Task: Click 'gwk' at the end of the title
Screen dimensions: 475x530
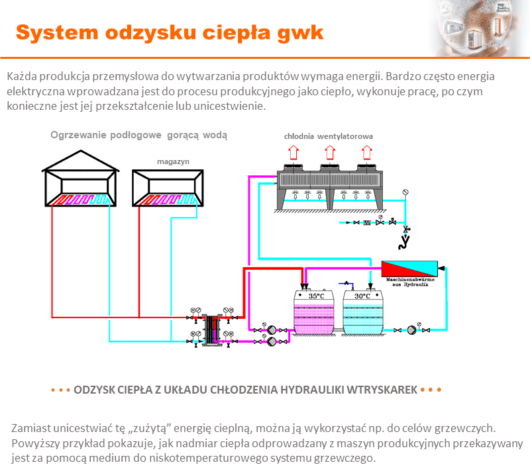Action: (301, 32)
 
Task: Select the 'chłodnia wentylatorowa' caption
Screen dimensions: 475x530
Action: (329, 136)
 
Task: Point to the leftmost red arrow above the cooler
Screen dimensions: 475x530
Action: (291, 153)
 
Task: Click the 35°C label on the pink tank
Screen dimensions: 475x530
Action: (317, 296)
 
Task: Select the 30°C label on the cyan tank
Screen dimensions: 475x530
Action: (362, 296)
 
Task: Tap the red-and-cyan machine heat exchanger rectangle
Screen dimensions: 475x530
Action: (409, 269)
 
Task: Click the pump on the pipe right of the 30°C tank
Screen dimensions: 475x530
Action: (412, 329)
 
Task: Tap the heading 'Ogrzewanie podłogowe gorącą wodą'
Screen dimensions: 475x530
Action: (139, 136)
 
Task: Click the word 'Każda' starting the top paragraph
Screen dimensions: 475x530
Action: (21, 76)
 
